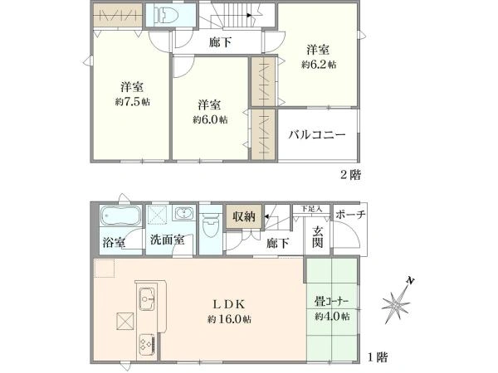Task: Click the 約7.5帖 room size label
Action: tap(133, 102)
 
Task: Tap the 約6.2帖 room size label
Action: tap(319, 65)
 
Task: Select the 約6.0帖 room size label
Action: tap(210, 119)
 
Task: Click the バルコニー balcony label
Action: tap(317, 135)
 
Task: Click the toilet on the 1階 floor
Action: tap(211, 224)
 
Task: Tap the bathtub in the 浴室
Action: tap(120, 216)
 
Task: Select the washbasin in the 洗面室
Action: tap(183, 213)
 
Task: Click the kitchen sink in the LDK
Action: tap(147, 299)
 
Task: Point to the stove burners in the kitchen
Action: tap(146, 346)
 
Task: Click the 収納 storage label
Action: tap(244, 216)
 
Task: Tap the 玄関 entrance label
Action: tap(317, 237)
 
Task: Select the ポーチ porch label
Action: tap(350, 215)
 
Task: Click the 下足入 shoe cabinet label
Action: tap(311, 209)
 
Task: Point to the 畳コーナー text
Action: tap(332, 301)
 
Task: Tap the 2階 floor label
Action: tap(350, 174)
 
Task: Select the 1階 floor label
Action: tap(378, 357)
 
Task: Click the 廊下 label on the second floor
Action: tap(220, 42)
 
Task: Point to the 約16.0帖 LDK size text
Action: tap(229, 319)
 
